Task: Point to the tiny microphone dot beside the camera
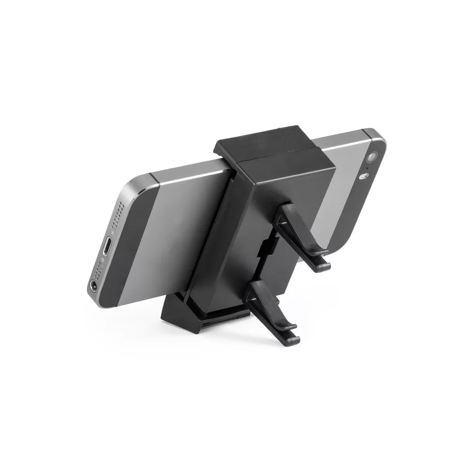point(367,168)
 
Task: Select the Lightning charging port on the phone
point(108,246)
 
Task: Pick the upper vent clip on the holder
point(301,235)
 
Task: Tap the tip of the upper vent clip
point(324,266)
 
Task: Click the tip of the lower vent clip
point(294,337)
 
